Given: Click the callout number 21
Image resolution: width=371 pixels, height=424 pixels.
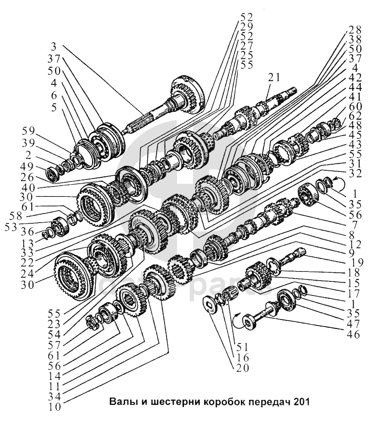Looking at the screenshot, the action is [274, 77].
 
